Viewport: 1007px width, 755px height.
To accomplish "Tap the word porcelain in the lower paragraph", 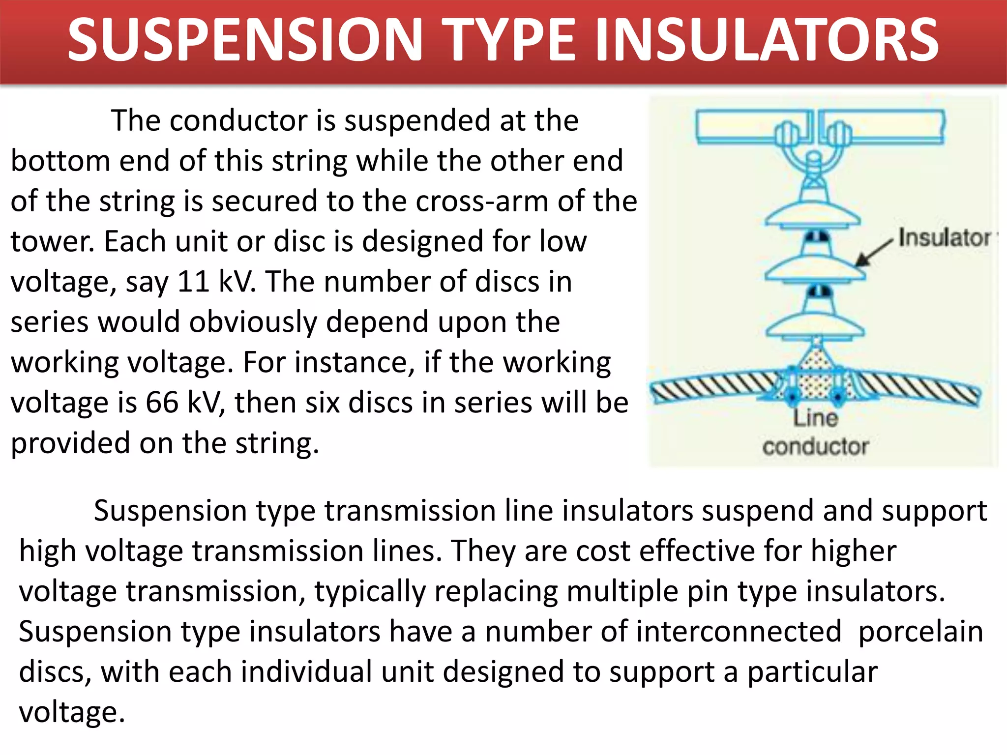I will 920,632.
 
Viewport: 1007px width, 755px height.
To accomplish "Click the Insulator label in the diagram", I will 944,238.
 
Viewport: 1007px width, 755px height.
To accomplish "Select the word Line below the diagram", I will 815,418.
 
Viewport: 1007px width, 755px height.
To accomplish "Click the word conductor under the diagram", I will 815,446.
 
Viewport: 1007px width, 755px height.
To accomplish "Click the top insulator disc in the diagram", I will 813,214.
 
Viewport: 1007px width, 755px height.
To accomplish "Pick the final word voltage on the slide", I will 71,712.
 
